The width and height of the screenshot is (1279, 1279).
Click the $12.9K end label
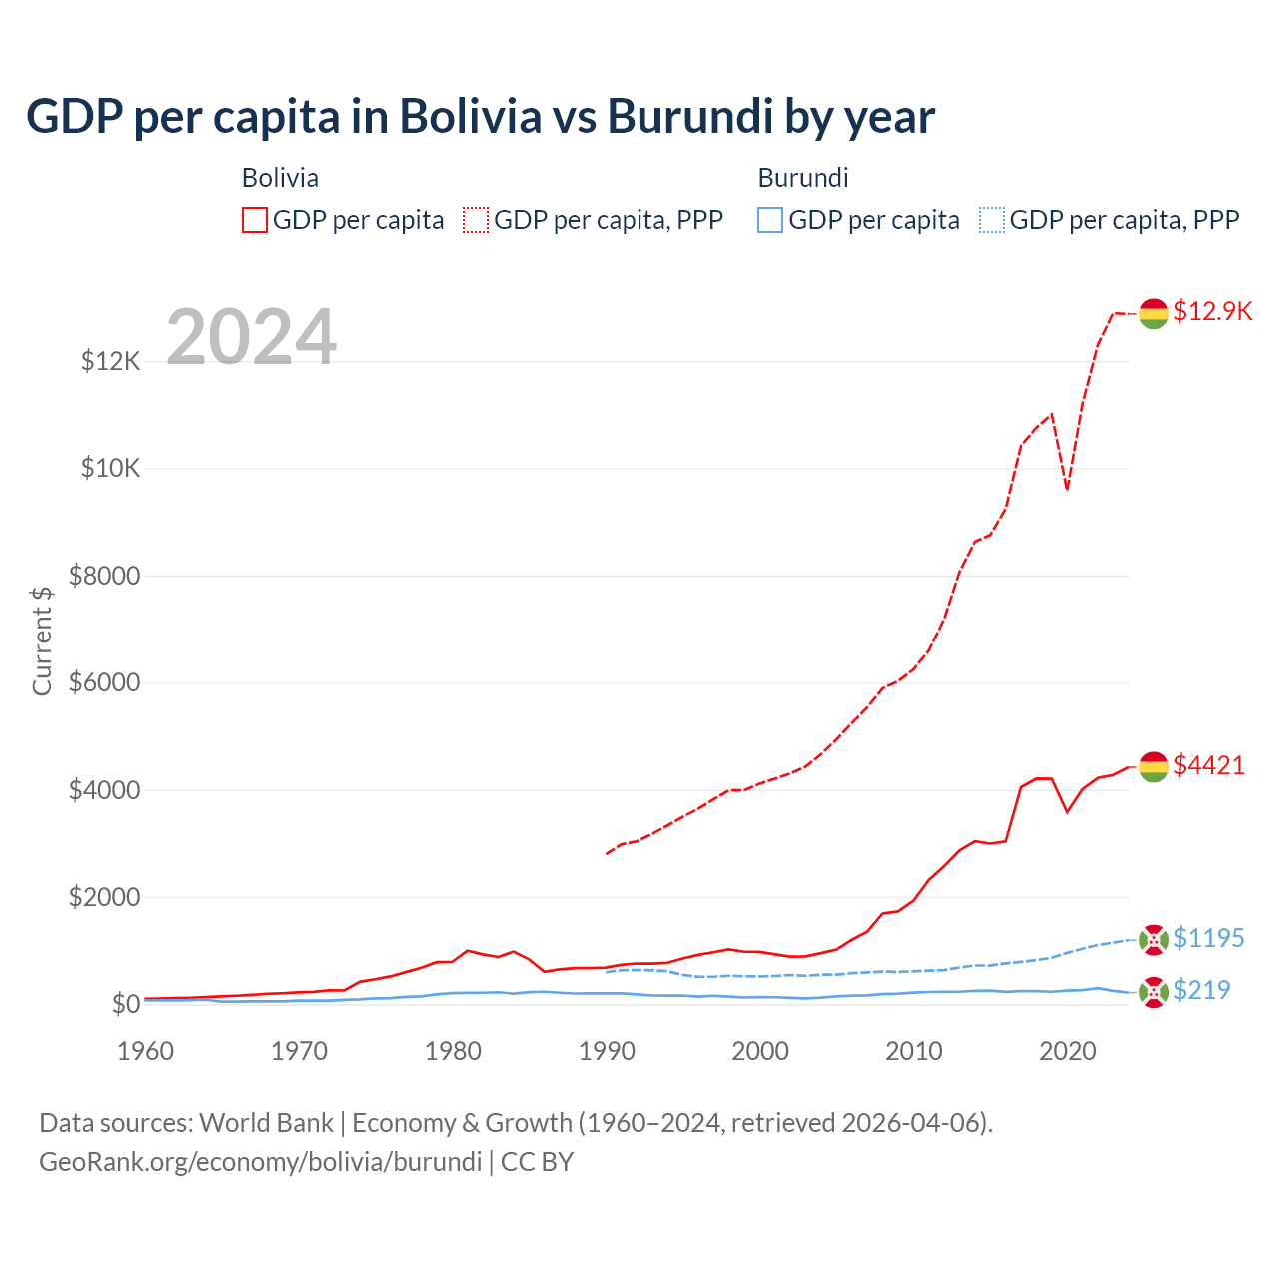(1212, 311)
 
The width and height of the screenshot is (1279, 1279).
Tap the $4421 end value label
(1209, 765)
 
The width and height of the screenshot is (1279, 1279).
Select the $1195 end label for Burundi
(1208, 938)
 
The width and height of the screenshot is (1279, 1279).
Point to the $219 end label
(1201, 990)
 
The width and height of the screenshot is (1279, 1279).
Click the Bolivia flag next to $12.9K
(1154, 313)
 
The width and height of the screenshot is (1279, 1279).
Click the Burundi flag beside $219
(1154, 992)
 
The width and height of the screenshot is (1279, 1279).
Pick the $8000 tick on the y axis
(104, 576)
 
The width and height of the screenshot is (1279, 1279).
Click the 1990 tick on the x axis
(607, 1051)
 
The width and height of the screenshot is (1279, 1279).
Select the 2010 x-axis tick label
(914, 1051)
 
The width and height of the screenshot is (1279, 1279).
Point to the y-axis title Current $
(42, 640)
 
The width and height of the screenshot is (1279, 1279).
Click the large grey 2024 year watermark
(251, 337)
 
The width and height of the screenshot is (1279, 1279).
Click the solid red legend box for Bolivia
(255, 220)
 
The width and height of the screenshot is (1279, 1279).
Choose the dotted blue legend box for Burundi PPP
(992, 220)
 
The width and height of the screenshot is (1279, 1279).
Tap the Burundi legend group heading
(803, 178)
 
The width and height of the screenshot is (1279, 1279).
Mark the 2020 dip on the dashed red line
(1067, 489)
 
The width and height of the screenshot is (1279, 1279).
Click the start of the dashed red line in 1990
(607, 853)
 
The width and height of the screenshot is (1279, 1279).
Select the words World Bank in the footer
(266, 1123)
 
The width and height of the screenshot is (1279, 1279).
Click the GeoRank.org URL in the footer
(260, 1162)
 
